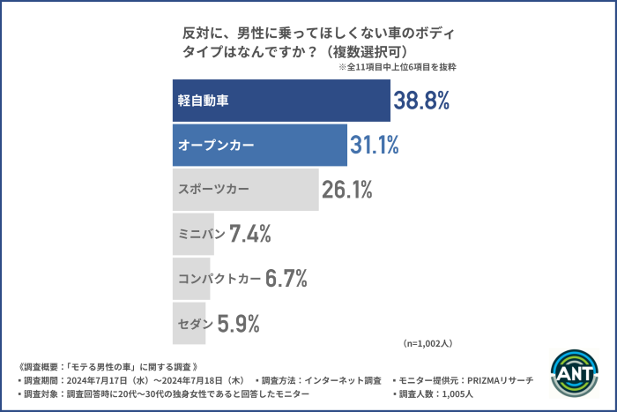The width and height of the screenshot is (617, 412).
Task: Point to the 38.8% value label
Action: coord(422,101)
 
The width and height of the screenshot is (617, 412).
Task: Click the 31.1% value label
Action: coord(375,145)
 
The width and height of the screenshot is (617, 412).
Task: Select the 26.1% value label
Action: coord(346,190)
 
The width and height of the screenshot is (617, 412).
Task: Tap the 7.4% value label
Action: coord(249,235)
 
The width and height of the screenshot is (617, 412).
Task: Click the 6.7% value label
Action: coord(286,280)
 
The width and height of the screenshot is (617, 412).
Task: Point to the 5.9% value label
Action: coord(238,324)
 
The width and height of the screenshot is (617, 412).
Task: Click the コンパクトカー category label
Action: coord(219,280)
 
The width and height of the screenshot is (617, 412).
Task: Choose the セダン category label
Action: coord(195,324)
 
